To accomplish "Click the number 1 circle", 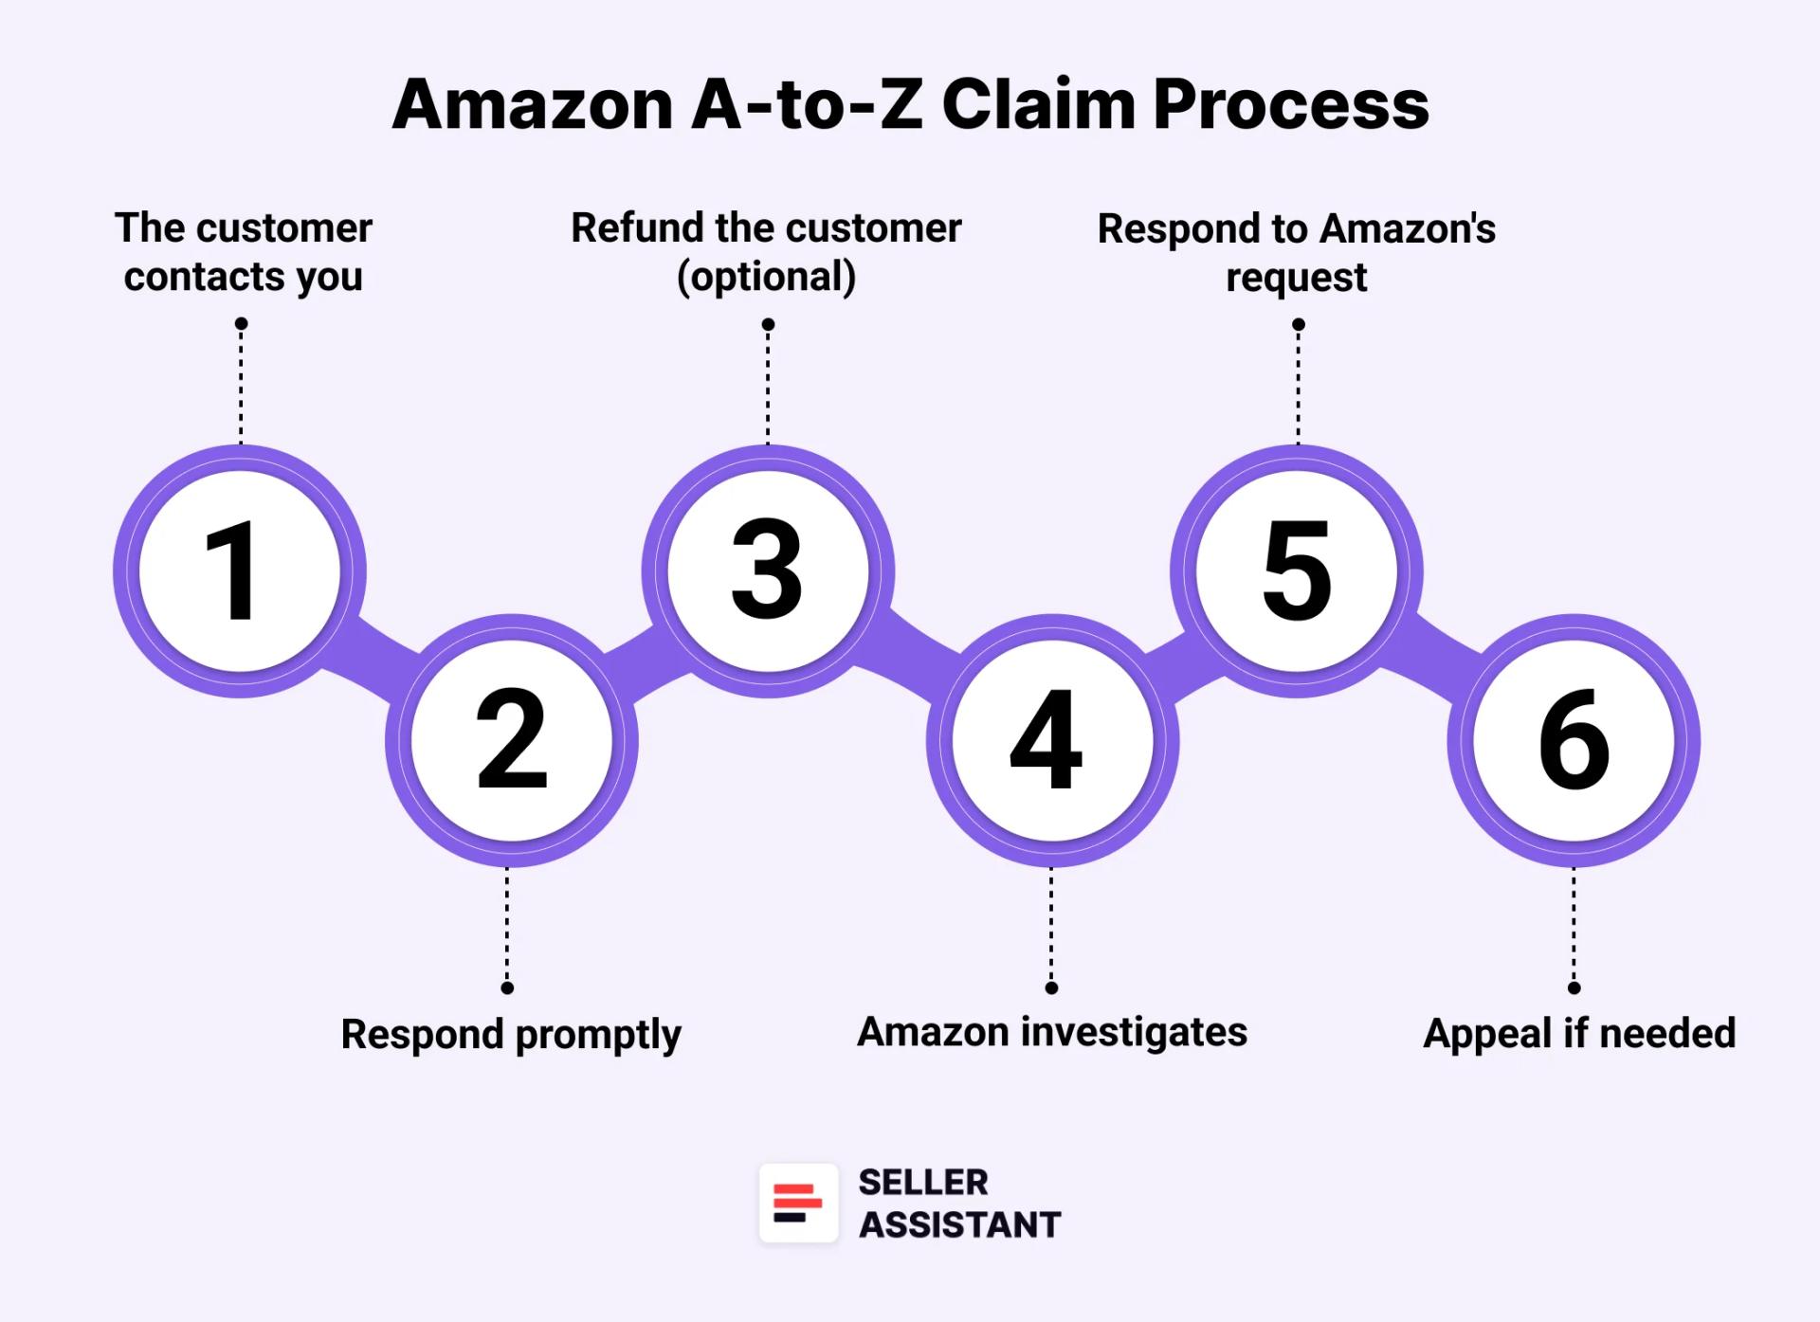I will (x=240, y=571).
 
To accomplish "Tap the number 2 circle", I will (x=512, y=740).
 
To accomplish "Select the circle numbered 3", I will (x=768, y=571).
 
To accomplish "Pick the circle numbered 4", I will (x=1052, y=740).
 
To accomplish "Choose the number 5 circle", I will (x=1297, y=571).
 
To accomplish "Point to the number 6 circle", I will (x=1574, y=740).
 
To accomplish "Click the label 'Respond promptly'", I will (x=511, y=1034).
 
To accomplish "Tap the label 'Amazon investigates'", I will (x=1052, y=1032).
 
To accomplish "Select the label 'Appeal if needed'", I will (x=1579, y=1033).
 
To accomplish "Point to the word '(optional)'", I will (x=766, y=277).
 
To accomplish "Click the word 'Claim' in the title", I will (x=1038, y=104).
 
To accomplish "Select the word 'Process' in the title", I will (x=1291, y=104).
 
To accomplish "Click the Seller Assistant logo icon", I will (x=798, y=1203).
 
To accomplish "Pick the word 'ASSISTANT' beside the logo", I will (x=959, y=1224).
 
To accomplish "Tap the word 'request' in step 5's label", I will (x=1296, y=278).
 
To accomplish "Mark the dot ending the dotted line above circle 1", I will (x=242, y=324).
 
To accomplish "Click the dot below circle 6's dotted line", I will (x=1574, y=987).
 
